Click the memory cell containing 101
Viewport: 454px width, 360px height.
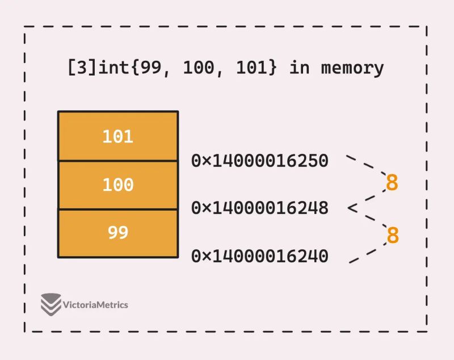tap(117, 136)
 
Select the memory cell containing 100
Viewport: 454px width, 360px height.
tap(117, 185)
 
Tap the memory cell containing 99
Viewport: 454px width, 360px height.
tap(117, 233)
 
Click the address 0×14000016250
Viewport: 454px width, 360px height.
tap(260, 161)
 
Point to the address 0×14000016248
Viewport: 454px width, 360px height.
tap(260, 208)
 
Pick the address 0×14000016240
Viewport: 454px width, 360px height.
tap(260, 257)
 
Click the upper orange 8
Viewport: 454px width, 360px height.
tap(392, 183)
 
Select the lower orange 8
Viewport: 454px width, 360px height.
tap(392, 235)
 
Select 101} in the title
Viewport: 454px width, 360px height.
tap(258, 68)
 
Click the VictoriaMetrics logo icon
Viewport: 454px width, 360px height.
tap(51, 304)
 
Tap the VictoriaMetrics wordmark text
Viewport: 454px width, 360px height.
tap(96, 305)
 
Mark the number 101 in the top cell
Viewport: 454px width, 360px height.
tap(117, 136)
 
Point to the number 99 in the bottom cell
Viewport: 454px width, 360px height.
tap(117, 233)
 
